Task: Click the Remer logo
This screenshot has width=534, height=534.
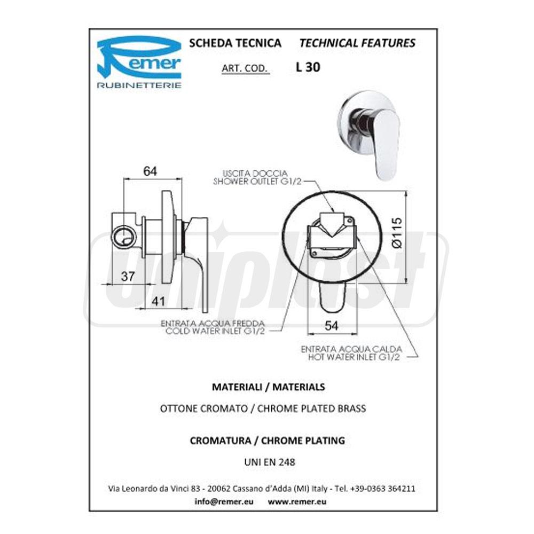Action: (x=139, y=61)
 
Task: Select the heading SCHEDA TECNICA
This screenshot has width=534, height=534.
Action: (x=235, y=43)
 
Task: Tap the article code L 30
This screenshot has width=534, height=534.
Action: (x=308, y=67)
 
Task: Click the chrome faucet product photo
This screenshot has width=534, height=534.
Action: (x=368, y=134)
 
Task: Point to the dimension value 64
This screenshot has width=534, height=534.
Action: (x=150, y=171)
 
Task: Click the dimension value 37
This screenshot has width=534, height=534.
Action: (x=128, y=277)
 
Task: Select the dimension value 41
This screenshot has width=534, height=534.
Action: (x=158, y=301)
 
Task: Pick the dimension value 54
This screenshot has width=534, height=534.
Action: (x=332, y=326)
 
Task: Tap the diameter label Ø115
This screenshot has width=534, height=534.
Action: (x=397, y=233)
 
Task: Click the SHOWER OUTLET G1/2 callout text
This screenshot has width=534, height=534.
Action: (x=257, y=182)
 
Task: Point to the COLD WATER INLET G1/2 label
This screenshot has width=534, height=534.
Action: (x=215, y=332)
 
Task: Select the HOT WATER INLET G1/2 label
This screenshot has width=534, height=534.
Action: (x=354, y=357)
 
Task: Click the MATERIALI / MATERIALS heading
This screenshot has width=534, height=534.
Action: (x=269, y=387)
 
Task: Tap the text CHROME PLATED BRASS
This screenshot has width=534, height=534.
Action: (x=312, y=409)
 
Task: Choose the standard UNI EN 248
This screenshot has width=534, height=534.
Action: (x=270, y=462)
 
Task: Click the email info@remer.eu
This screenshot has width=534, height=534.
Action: (x=224, y=501)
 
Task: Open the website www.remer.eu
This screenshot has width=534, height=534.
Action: (x=297, y=501)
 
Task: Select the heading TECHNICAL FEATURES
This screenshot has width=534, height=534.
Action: (x=357, y=43)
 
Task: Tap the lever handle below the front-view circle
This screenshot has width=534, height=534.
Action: (x=332, y=296)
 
